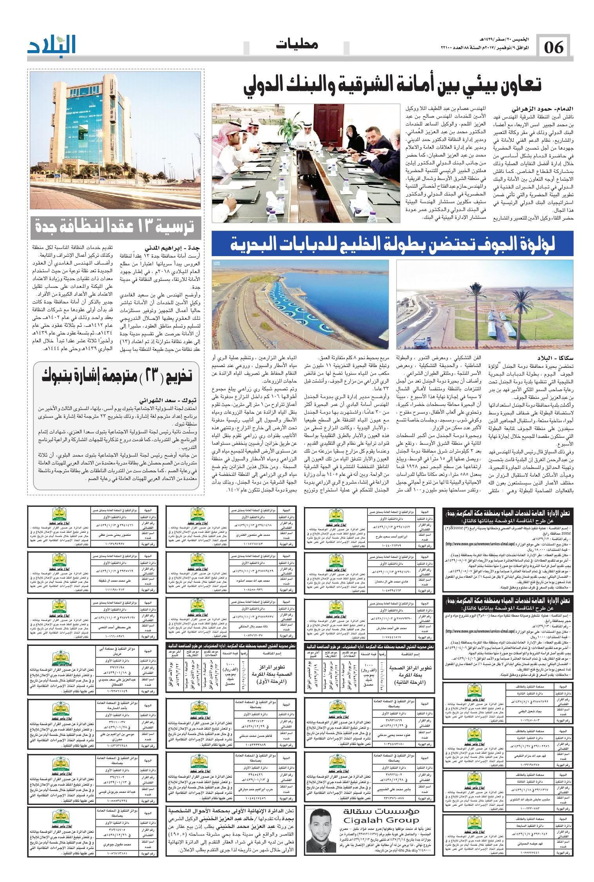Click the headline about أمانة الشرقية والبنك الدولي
coord(392,85)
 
